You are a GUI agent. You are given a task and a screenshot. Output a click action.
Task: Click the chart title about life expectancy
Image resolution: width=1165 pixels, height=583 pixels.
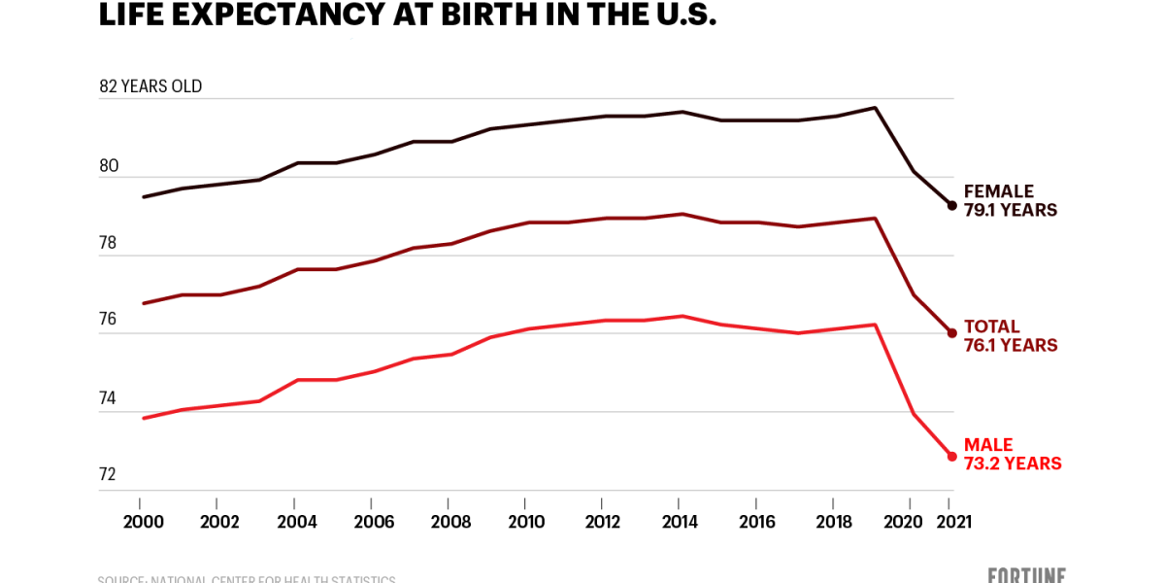408,15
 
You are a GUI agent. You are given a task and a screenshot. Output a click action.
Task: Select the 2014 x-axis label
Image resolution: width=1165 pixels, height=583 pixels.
680,522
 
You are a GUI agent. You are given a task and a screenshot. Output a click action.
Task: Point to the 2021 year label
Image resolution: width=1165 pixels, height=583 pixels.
951,522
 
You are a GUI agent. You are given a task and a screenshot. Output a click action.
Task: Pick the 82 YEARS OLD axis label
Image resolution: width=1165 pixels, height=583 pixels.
150,86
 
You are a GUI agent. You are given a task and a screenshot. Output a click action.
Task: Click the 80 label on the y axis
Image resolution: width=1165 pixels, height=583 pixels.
109,166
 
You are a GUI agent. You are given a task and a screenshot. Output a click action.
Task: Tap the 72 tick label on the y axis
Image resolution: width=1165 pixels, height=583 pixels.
108,474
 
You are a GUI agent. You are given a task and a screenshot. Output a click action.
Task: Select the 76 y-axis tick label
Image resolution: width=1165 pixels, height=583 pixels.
108,320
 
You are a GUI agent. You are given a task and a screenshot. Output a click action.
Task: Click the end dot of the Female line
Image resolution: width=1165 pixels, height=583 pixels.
951,205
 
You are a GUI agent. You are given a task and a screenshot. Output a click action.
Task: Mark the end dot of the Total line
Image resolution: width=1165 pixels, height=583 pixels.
951,333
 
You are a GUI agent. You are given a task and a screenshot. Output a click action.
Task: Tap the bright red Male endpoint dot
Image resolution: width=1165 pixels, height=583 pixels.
951,456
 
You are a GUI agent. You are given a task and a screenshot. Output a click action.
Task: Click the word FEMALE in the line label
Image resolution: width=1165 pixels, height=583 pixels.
998,191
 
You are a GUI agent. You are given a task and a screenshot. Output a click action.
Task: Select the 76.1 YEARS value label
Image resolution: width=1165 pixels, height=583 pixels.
1010,346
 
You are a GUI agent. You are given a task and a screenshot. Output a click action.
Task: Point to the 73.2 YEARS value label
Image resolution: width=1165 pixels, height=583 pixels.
1012,464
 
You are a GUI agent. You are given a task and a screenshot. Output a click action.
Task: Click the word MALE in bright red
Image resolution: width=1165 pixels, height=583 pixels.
987,445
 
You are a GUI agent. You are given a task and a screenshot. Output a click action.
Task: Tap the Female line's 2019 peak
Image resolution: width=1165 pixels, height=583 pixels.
876,108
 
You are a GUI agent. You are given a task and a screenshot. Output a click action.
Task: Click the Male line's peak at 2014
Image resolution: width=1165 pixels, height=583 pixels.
682,316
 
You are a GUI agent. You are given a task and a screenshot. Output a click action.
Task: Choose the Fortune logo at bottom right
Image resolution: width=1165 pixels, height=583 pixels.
1027,575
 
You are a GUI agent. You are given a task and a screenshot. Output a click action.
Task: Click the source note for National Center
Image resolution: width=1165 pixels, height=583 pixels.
247,579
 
